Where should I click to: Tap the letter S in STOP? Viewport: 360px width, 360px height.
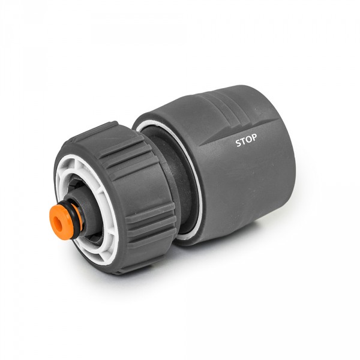(x=238, y=142)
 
